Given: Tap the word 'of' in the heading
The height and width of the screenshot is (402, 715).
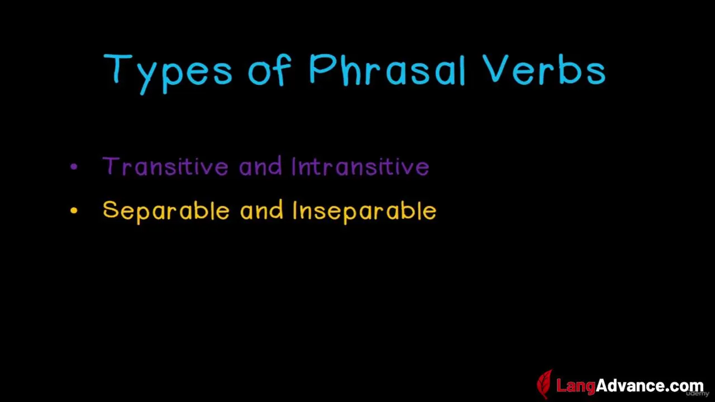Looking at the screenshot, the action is (x=270, y=70).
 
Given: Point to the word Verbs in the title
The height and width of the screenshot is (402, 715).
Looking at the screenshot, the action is (x=544, y=69).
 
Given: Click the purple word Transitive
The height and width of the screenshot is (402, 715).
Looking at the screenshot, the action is (x=165, y=166).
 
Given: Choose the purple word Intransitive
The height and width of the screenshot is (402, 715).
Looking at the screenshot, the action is (x=360, y=166).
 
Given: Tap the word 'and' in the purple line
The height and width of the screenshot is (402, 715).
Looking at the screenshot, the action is (x=260, y=166).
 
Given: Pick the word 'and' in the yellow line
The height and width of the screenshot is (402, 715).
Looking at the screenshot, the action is (x=261, y=209).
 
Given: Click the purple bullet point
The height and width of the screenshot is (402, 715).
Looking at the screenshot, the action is (x=74, y=166).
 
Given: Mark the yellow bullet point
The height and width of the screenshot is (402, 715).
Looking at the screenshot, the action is (x=74, y=210).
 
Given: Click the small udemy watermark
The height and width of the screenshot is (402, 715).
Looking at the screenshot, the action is (x=698, y=394).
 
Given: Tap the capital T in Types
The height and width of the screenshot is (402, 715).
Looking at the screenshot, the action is (x=117, y=68).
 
